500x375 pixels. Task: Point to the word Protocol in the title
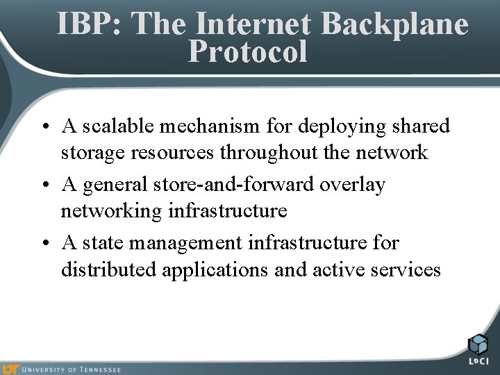247,51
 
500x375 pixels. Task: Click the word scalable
119,126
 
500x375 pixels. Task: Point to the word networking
111,210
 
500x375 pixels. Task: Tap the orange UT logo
10,369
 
